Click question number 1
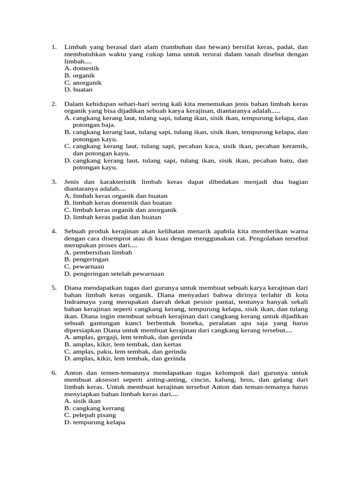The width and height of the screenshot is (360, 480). click(x=54, y=47)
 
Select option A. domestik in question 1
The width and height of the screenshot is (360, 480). click(x=82, y=68)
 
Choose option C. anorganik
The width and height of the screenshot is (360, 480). click(x=83, y=82)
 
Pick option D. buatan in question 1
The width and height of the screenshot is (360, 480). click(x=79, y=90)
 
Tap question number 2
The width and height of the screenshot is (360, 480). click(x=54, y=104)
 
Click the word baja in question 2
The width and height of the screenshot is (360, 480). click(x=108, y=125)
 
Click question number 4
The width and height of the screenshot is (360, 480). click(x=54, y=231)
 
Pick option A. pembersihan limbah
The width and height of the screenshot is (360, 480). click(x=98, y=252)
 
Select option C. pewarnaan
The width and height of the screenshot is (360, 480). click(x=84, y=266)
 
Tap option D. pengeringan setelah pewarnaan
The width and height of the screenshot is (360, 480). click(x=114, y=274)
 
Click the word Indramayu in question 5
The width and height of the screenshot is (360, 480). click(x=80, y=302)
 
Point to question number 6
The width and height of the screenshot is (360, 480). click(x=54, y=373)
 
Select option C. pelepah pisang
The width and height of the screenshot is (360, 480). click(x=90, y=415)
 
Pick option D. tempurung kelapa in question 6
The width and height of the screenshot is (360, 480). click(x=95, y=422)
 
